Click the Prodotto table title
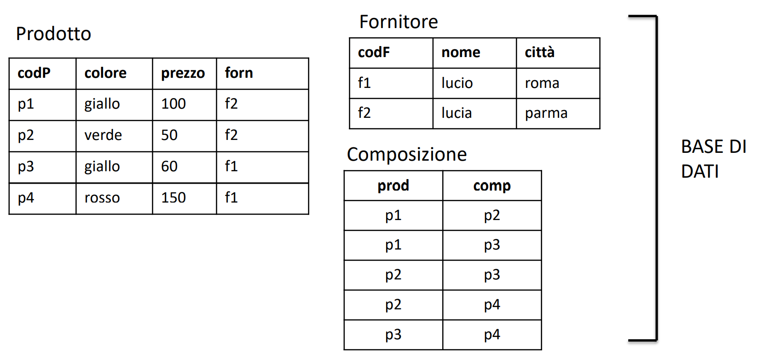pyautogui.click(x=53, y=34)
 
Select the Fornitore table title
pyautogui.click(x=399, y=22)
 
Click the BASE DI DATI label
pyautogui.click(x=714, y=159)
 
